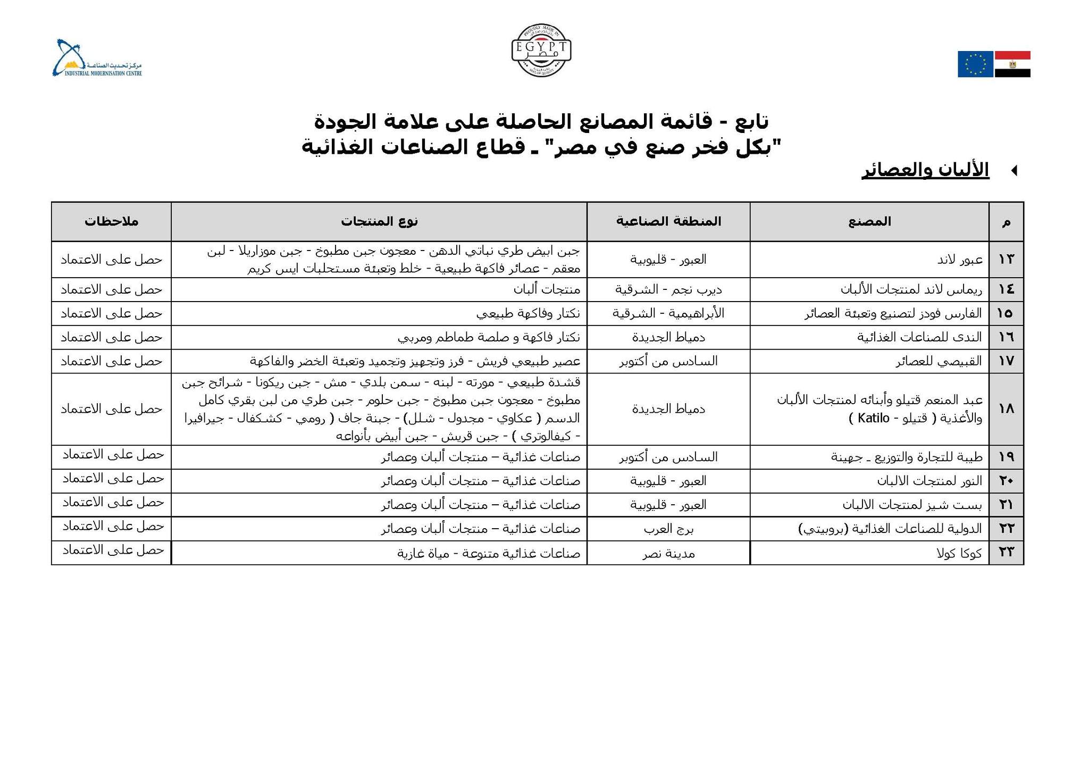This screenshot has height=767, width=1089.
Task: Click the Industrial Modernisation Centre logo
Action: [97, 59]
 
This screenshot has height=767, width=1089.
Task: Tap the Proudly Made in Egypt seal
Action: [541, 51]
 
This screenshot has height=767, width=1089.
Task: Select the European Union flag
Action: [975, 64]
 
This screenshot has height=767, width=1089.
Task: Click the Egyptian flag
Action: [1012, 64]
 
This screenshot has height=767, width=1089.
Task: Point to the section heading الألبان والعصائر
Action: [925, 171]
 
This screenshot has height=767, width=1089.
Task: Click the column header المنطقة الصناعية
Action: [668, 221]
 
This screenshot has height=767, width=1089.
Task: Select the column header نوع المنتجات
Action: [379, 221]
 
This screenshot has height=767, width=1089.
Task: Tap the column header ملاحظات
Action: [111, 221]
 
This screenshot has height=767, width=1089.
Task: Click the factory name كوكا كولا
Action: [959, 553]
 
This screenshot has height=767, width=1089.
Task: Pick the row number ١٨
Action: [1006, 409]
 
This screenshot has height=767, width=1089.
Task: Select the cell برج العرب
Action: [668, 529]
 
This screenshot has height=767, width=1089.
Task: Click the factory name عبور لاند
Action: [960, 260]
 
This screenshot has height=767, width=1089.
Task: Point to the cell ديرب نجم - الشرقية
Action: [668, 290]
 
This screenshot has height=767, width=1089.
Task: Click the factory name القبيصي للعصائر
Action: [939, 362]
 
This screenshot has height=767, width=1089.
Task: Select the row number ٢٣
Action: [1006, 553]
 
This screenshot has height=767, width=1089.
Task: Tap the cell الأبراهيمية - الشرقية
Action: [668, 314]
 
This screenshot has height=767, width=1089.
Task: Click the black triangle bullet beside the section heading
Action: [1013, 171]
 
